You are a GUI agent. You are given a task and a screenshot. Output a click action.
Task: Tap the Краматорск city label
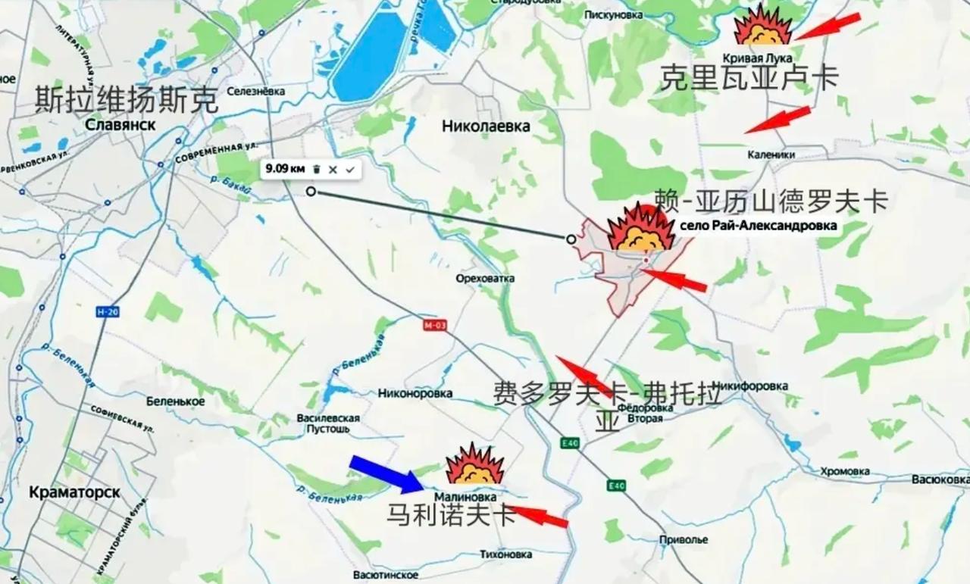point(74,492)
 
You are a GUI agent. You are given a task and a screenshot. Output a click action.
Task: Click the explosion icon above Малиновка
point(475,465)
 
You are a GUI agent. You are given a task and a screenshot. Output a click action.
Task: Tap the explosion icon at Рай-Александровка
point(640,228)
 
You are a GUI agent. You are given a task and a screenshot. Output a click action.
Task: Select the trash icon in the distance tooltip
point(317,170)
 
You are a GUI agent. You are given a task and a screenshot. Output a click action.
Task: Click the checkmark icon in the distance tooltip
point(349,170)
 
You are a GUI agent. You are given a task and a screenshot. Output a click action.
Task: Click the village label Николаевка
point(486,126)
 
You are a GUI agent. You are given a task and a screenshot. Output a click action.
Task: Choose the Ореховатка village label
point(485,279)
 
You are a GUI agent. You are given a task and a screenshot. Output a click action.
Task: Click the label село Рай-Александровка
point(758,226)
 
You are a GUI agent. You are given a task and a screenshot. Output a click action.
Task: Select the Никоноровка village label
point(415,393)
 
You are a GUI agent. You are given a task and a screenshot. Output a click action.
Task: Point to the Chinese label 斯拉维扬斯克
point(127,100)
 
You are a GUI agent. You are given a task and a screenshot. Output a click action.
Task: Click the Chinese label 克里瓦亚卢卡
point(749,78)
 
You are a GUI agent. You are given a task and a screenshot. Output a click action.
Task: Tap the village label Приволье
point(684,540)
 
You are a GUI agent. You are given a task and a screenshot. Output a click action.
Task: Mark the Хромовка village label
point(845,471)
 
